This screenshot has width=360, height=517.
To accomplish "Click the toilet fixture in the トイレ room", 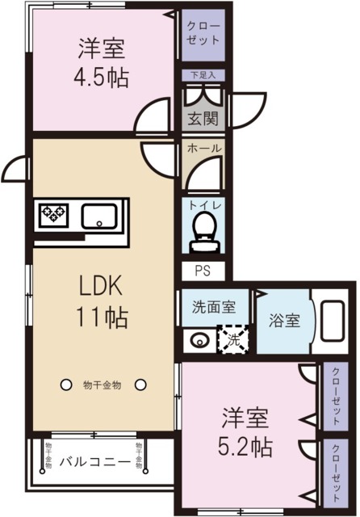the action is tap(204, 233).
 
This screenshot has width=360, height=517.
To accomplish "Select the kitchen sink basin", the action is tap(99, 216).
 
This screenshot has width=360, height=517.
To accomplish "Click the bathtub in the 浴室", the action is tap(333, 321).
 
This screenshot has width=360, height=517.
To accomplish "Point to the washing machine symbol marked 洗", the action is tap(233, 339).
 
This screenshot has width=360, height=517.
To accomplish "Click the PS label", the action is tap(203, 271).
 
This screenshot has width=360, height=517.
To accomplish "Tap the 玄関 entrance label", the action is tap(203, 118).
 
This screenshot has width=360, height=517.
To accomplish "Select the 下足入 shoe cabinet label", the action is tap(203, 75).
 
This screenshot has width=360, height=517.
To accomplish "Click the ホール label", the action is tap(204, 149).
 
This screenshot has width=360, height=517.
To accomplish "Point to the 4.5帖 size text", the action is tap(101, 78).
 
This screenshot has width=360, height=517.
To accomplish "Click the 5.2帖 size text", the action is tap(245, 447).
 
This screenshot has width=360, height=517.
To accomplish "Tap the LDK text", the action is tap(101, 285).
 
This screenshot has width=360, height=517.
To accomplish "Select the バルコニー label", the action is tap(95, 462).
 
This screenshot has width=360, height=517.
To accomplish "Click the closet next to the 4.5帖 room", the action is tap(203, 35).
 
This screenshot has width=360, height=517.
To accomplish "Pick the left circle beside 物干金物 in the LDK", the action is tap(66, 385).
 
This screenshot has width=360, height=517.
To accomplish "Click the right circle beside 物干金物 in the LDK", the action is tap(140, 385).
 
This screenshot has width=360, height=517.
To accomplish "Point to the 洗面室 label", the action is tap(214, 307).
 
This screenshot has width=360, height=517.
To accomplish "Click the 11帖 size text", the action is tap(102, 317).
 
